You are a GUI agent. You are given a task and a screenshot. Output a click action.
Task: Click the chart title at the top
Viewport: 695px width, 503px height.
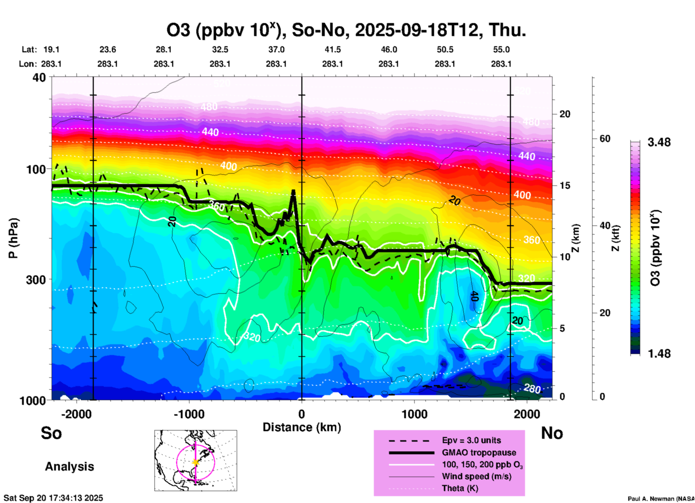point(346,30)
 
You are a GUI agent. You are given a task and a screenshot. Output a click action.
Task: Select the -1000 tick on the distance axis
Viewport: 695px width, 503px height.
point(189,414)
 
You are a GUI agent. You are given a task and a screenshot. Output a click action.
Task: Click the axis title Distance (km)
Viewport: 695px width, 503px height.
point(302,427)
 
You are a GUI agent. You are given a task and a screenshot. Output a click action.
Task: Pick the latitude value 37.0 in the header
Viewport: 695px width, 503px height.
point(276,50)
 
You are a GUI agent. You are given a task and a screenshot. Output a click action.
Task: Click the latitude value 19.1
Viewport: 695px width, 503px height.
point(51,50)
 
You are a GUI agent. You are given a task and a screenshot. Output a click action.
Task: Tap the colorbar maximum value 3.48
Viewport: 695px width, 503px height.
point(659,143)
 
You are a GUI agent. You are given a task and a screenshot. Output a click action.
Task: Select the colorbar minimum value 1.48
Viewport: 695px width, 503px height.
point(659,354)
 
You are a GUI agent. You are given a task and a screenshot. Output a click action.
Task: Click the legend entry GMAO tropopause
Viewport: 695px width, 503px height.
point(479,452)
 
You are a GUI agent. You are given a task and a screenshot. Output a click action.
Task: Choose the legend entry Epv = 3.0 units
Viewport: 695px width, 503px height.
point(471,440)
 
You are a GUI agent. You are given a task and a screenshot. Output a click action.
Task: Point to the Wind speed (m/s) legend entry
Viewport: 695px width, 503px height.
point(476,476)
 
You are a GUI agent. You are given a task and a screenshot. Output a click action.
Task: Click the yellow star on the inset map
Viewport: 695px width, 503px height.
point(196,462)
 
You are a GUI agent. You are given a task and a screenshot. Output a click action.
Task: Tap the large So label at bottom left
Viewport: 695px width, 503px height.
point(51,433)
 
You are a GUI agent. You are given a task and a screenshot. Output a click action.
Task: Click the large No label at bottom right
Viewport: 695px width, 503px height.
point(552,433)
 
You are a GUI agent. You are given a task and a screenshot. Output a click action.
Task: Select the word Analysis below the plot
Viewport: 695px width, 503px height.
point(69,467)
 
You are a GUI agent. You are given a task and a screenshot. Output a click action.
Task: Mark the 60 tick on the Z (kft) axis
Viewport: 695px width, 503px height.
point(605,139)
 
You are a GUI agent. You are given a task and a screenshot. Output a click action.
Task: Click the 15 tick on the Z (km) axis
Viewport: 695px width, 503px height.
point(565,185)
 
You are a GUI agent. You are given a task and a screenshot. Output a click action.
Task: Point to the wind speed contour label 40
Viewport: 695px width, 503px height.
point(475,296)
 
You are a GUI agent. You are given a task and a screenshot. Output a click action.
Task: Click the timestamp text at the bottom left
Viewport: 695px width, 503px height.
point(53,498)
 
